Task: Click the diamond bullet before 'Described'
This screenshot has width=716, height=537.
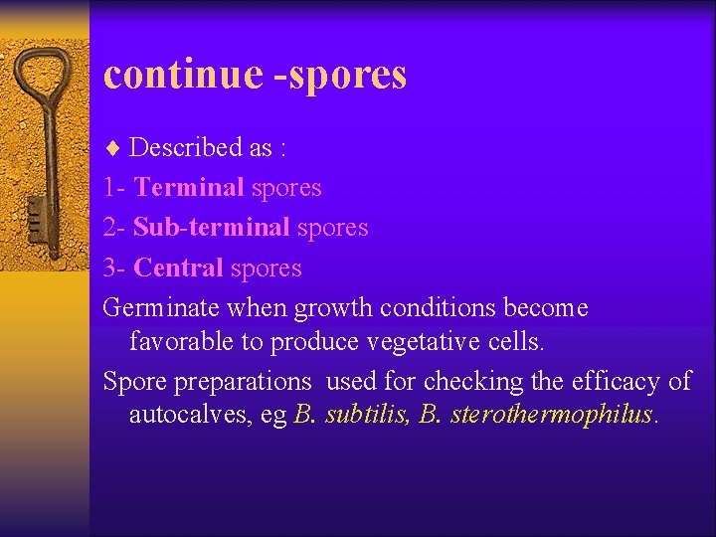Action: pyautogui.click(x=112, y=148)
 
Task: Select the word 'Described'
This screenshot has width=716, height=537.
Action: pyautogui.click(x=187, y=148)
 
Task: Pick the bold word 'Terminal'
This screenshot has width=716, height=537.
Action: pyautogui.click(x=189, y=188)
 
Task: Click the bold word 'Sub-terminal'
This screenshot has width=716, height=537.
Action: pyautogui.click(x=212, y=228)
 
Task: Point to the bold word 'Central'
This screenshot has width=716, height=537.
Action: pyautogui.click(x=178, y=268)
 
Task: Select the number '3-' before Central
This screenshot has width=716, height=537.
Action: pyautogui.click(x=115, y=268)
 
